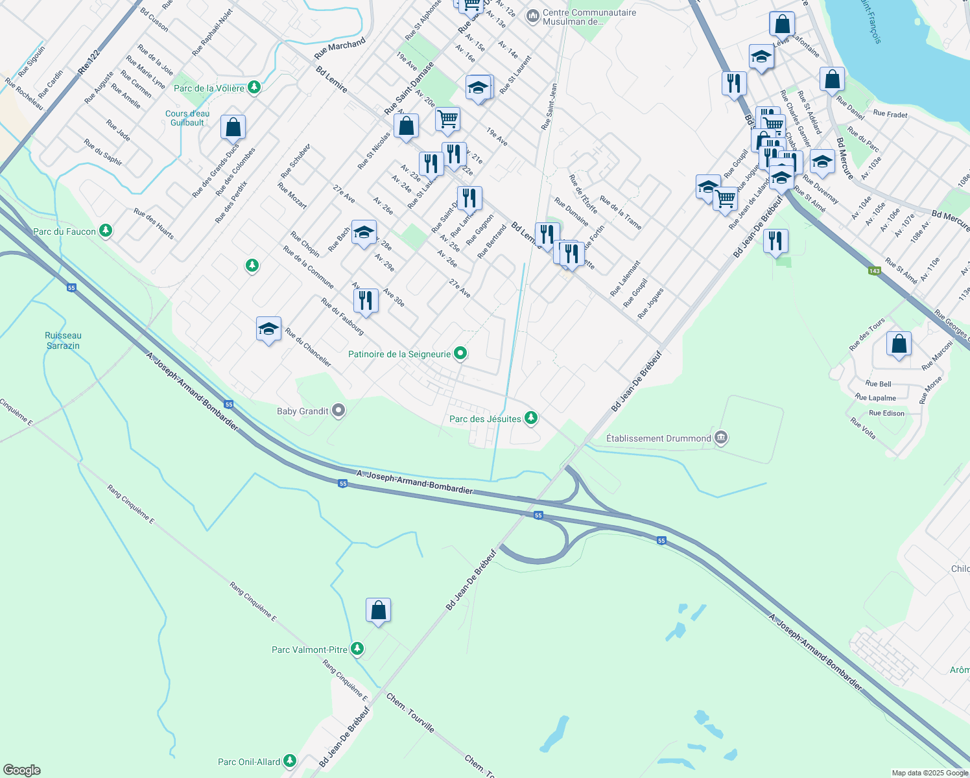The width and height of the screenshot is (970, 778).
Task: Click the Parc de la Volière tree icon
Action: point(254,87)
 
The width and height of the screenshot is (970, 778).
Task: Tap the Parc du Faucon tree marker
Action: point(105,230)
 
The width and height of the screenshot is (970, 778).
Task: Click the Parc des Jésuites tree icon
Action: point(531,418)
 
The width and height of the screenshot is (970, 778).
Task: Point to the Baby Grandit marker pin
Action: point(338,410)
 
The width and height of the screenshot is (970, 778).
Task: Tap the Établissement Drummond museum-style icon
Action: point(721,438)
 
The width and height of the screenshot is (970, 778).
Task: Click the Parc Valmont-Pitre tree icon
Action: point(357,648)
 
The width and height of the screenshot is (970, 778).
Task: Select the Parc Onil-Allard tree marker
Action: point(289,760)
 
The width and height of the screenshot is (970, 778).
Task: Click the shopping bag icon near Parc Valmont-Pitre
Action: point(378,610)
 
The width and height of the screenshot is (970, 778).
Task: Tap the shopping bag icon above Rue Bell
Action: point(899,344)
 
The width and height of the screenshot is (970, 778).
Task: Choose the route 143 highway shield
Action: point(875,271)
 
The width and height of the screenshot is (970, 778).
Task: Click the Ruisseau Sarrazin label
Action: point(63,340)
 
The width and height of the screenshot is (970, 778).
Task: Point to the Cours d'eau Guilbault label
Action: point(187,118)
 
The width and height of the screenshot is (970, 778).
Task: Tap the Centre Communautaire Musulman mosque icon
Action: point(533,16)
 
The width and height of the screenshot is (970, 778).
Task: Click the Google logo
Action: point(21,770)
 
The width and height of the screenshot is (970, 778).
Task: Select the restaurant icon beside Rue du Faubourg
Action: point(366,301)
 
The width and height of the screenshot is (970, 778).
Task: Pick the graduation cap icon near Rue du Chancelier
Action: point(268,329)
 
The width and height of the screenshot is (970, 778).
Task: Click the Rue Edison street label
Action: point(886,413)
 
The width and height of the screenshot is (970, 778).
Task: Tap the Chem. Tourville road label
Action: point(410,713)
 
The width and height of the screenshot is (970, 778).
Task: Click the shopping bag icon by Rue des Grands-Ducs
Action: point(233,128)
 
